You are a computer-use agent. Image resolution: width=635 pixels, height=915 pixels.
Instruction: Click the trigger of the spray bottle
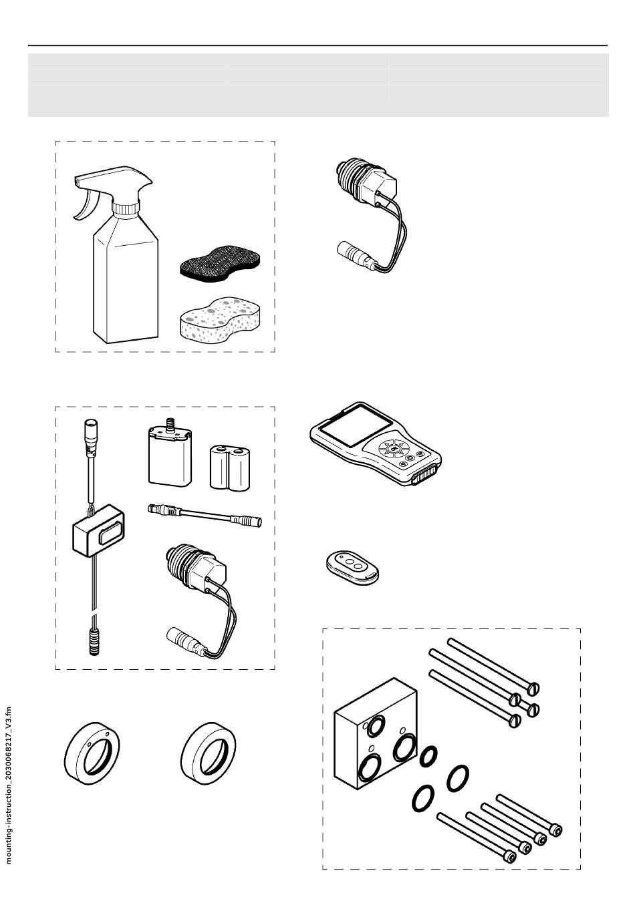point(85,208)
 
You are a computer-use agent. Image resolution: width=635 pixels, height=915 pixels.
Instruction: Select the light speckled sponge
point(220,317)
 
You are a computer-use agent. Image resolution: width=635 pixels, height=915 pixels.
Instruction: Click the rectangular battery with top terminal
point(168,458)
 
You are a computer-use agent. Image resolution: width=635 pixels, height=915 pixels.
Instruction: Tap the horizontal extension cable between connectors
point(204,514)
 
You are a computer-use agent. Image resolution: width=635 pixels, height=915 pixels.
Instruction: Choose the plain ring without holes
point(209,751)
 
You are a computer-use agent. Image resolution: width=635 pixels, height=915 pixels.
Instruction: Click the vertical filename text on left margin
point(9,785)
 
